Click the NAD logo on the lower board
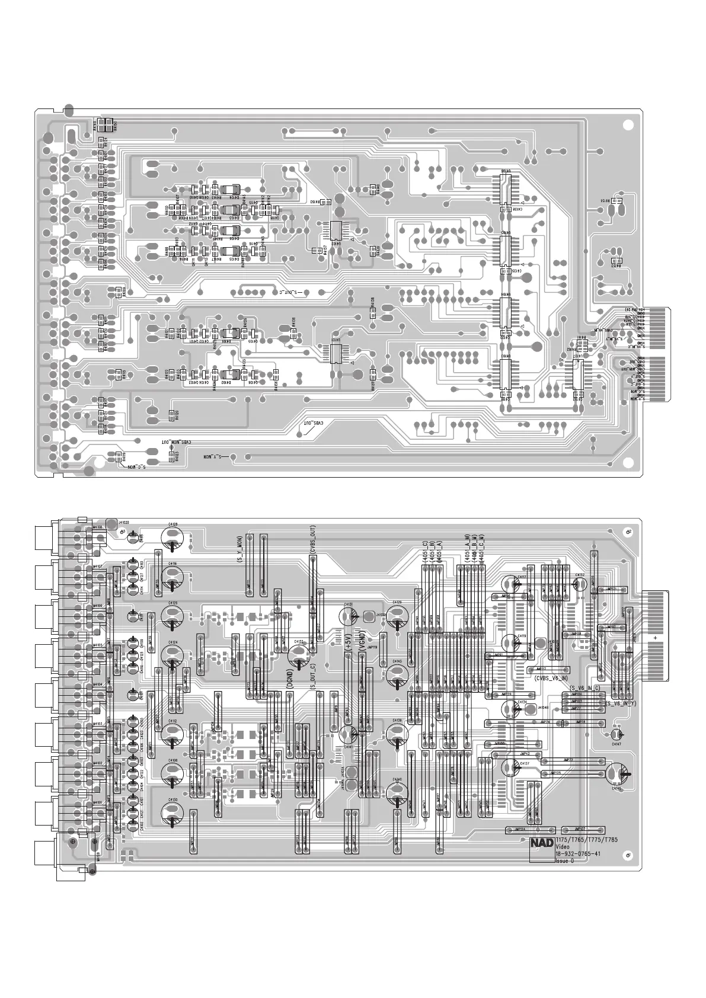click(542, 843)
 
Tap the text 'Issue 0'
click(564, 861)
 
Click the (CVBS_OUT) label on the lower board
click(312, 539)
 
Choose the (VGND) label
click(362, 644)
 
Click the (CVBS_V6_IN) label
click(551, 677)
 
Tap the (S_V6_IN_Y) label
click(621, 703)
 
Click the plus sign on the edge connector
click(655, 636)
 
